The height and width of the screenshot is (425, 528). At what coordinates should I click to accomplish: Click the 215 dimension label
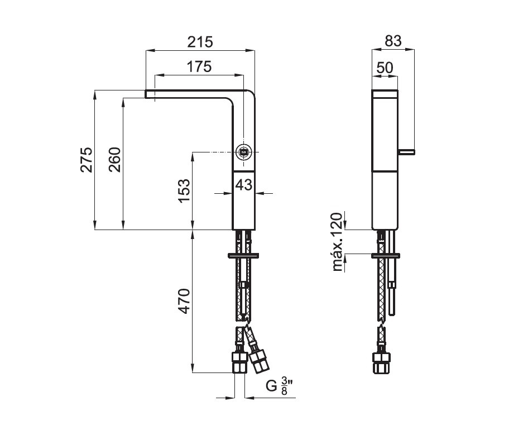point(200,42)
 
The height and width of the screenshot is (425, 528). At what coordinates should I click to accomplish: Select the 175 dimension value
point(199,66)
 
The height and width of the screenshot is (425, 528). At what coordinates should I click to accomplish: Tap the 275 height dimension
point(87,160)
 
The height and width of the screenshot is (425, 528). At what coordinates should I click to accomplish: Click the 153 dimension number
point(184,191)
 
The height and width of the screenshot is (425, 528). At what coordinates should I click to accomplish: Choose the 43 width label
point(244,184)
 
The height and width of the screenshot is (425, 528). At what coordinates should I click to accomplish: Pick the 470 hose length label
point(184,301)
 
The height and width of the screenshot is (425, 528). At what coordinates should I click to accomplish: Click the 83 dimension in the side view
point(393,41)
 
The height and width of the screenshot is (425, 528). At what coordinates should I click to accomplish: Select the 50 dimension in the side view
point(385,68)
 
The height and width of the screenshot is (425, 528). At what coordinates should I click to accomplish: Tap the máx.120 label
point(337,242)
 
